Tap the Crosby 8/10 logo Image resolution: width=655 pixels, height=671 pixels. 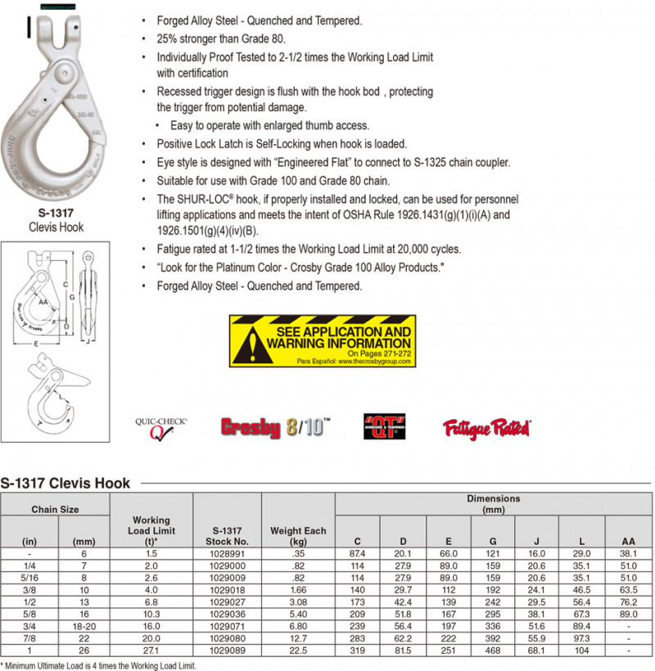[x=275, y=427]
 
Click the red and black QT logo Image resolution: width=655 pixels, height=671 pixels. [x=384, y=427]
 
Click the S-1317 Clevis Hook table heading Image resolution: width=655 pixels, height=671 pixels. [x=65, y=483]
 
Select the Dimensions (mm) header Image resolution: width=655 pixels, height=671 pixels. [x=493, y=503]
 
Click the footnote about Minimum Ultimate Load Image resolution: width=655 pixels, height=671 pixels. [x=98, y=665]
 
